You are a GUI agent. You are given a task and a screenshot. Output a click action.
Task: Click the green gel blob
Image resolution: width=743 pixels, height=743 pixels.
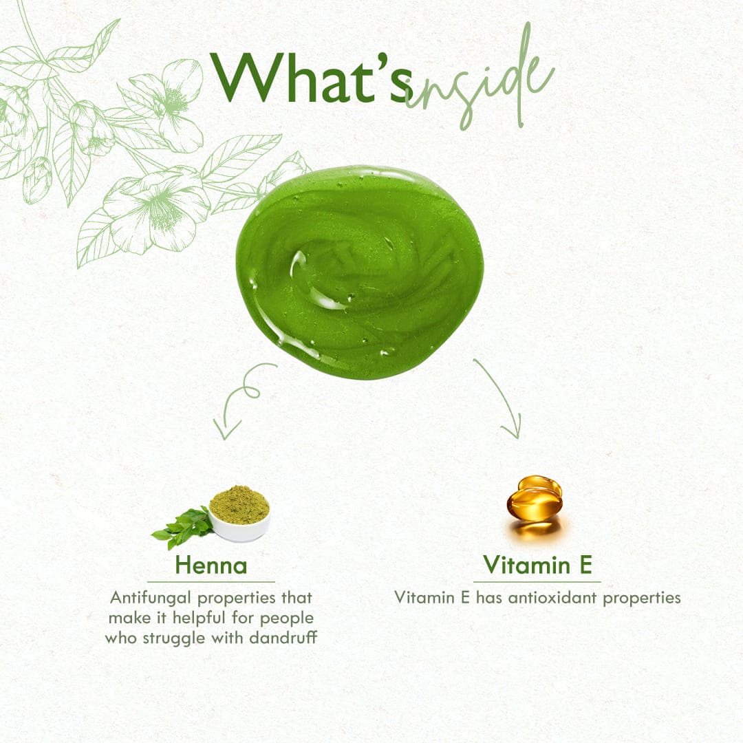358,272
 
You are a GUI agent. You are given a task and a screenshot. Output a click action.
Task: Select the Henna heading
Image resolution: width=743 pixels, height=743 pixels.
211,565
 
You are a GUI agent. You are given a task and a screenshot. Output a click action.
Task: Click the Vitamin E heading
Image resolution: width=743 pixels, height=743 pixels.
537,564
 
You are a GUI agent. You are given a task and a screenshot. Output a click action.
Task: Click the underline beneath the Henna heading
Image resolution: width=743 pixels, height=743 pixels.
211,581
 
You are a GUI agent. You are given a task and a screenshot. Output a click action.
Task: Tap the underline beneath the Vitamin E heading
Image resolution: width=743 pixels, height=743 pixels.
537,581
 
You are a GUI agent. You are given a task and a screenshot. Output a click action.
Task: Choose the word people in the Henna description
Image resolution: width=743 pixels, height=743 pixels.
287,618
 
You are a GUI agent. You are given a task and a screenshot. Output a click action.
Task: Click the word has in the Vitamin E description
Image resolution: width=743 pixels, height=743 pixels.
488,598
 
